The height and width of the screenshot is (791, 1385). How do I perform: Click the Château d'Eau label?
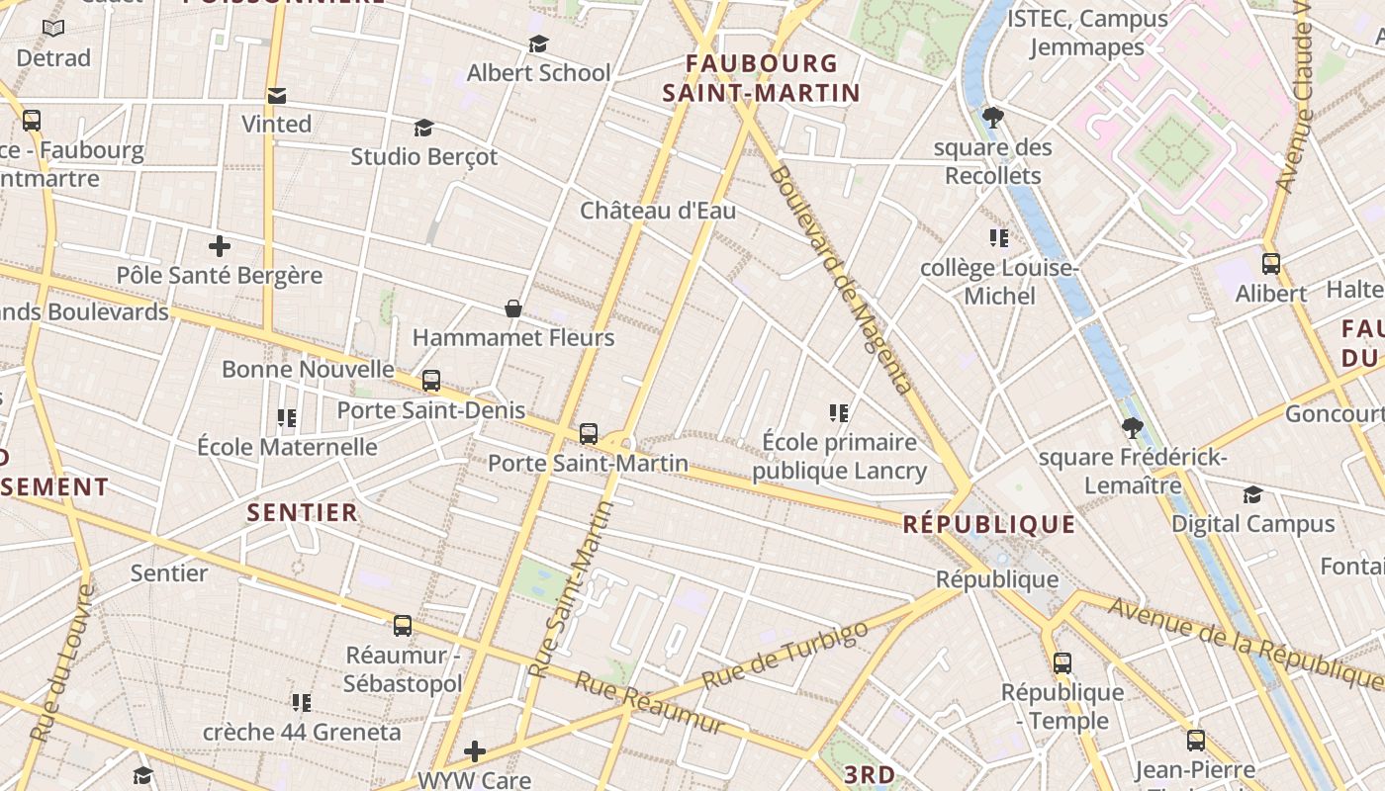point(658,211)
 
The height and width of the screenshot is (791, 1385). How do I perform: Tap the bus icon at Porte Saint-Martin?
point(589,433)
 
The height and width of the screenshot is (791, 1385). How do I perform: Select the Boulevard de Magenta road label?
point(840,280)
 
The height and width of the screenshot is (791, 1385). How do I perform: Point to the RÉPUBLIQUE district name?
point(989,524)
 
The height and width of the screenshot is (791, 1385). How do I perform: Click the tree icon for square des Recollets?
point(993,119)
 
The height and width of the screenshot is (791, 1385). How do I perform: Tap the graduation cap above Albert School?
point(538,44)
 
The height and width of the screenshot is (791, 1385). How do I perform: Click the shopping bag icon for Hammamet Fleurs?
point(513,309)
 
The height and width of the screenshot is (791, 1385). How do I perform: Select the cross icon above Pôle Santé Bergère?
point(220,246)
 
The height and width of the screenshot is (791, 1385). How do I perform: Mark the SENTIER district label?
point(303,512)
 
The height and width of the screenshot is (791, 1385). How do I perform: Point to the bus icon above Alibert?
point(1271,264)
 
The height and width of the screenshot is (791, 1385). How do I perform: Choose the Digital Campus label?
point(1253,524)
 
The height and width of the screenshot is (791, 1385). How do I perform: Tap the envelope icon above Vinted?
point(277,96)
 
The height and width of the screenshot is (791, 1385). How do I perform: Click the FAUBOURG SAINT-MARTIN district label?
point(761,79)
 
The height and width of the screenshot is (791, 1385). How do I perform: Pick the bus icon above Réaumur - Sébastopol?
point(403,626)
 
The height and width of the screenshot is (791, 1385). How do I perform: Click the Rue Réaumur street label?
point(650,703)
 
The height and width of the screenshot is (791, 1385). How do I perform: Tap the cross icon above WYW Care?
point(475,751)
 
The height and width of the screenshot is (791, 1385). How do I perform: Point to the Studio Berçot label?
point(424,156)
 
